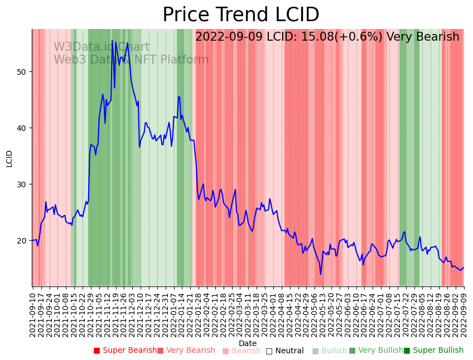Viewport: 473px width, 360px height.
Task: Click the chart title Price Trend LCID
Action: (240, 14)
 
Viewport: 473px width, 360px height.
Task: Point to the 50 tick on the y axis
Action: (23, 72)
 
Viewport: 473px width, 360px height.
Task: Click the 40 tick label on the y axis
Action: (23, 128)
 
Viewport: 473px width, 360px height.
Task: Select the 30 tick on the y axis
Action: (23, 184)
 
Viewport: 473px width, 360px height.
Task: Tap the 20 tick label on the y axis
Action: (23, 241)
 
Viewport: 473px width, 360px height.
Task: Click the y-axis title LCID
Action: (9, 158)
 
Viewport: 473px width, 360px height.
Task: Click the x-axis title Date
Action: (248, 343)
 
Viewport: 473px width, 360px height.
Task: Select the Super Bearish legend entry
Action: (126, 351)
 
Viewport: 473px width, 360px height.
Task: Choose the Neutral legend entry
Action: (285, 351)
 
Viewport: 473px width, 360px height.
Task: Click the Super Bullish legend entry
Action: (433, 351)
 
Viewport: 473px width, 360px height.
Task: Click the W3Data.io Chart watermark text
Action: (102, 47)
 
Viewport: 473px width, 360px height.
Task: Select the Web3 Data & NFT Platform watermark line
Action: (131, 60)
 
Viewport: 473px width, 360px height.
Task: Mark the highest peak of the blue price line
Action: (112, 41)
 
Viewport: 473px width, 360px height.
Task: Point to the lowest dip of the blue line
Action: (321, 274)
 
